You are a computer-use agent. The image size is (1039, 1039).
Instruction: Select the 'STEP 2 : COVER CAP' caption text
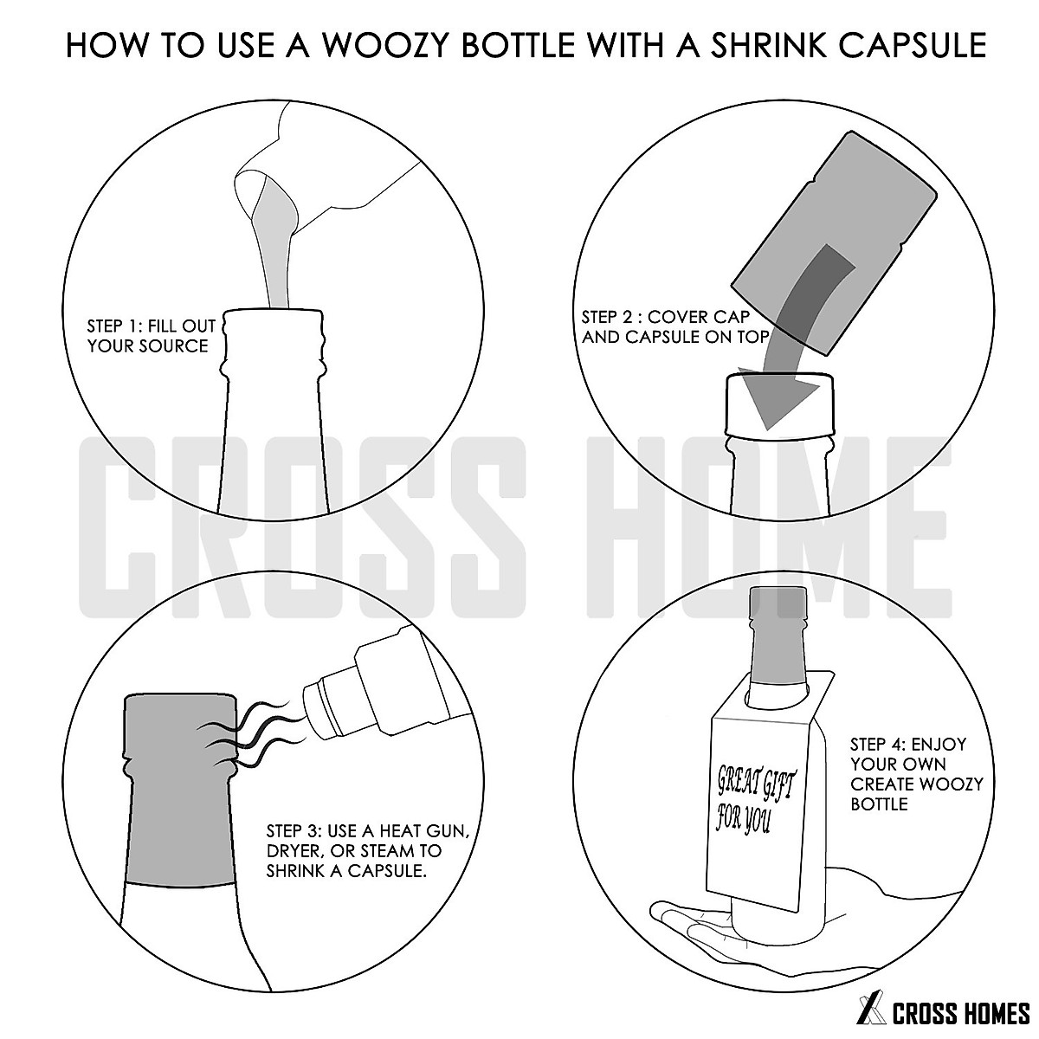[x=665, y=317]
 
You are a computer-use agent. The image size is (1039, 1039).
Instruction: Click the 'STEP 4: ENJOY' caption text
[x=907, y=745]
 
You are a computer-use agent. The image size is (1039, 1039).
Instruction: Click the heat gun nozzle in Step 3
[x=325, y=706]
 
